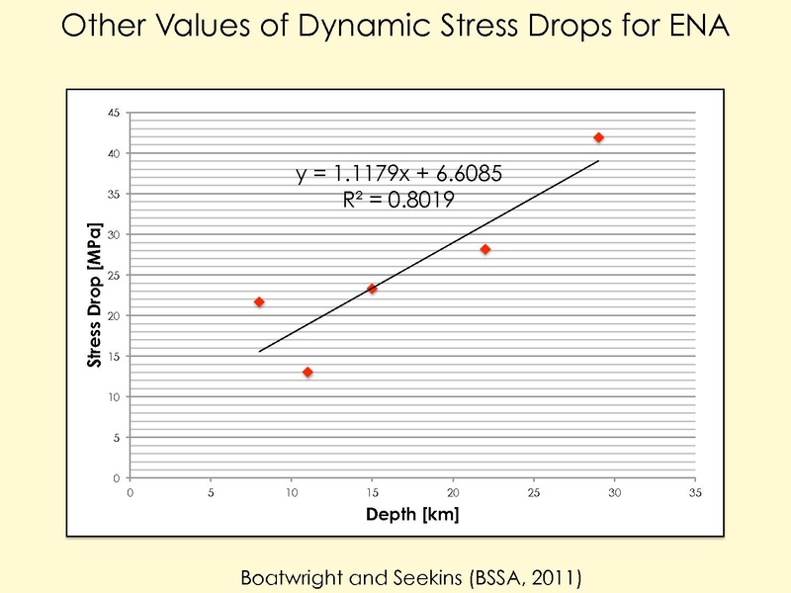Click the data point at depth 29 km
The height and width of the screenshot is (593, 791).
(x=598, y=137)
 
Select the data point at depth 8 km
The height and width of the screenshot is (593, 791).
(x=259, y=301)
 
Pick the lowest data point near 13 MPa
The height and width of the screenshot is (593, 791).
(x=308, y=372)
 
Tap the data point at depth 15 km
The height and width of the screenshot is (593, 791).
(x=372, y=289)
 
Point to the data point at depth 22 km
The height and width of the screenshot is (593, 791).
(x=485, y=249)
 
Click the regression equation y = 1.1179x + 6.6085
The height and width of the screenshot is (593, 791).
(x=400, y=175)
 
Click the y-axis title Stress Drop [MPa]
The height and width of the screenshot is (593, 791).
(x=96, y=296)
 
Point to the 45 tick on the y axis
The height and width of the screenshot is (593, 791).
(x=114, y=114)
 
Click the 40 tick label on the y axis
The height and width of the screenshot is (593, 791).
(x=114, y=154)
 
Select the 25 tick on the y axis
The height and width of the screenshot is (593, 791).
(x=114, y=275)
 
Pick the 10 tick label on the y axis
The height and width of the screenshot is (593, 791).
(x=114, y=396)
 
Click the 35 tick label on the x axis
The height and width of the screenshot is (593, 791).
(x=695, y=491)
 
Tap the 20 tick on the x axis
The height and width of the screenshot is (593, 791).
(x=453, y=491)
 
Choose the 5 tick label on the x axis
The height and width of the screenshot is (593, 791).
(x=211, y=491)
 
